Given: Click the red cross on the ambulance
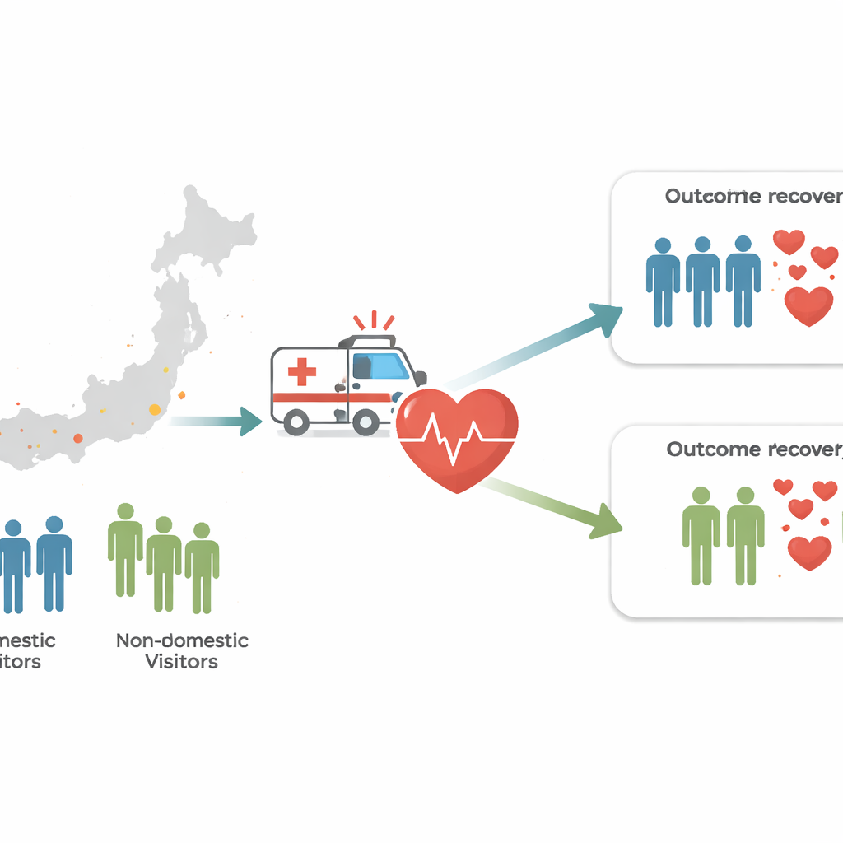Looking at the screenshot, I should (x=302, y=371).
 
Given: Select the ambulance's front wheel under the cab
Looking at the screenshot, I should (x=366, y=422).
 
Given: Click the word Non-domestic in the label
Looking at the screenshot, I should (x=182, y=640).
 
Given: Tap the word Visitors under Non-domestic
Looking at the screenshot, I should (x=181, y=661).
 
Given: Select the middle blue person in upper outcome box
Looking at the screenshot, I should (x=702, y=280).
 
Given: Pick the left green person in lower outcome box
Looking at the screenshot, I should (x=701, y=535).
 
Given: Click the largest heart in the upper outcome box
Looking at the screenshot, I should (x=808, y=305).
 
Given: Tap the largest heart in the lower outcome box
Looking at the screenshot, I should (x=809, y=551).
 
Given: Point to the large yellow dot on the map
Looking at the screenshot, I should (x=155, y=409).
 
